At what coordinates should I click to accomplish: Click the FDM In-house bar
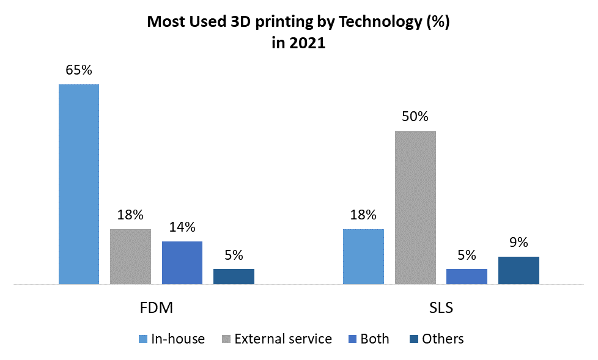(79, 184)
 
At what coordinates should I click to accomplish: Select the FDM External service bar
(130, 257)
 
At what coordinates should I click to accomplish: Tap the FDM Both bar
(182, 263)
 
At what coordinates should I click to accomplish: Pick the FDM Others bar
(234, 276)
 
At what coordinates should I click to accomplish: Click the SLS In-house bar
(363, 257)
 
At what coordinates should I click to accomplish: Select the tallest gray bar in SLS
(415, 207)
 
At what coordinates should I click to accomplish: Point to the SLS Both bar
(467, 276)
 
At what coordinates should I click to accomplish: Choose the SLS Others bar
(519, 270)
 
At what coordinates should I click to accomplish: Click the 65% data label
(79, 70)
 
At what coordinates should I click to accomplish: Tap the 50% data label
(415, 117)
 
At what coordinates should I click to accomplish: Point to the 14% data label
(182, 227)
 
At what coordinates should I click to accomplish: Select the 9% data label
(519, 243)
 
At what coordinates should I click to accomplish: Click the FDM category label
(157, 307)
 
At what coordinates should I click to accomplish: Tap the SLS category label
(441, 307)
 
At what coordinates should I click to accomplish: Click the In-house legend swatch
(143, 339)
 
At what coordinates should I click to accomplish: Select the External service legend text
(282, 339)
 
